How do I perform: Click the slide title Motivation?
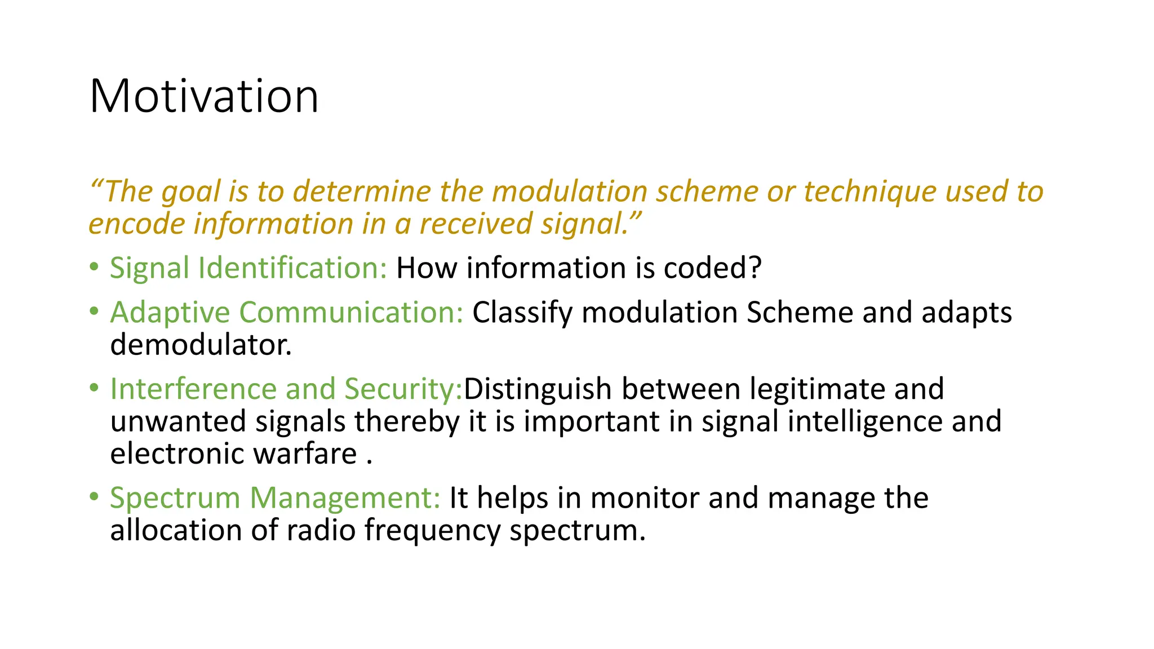204,96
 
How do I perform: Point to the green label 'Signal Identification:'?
248,268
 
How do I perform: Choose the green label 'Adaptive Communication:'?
286,313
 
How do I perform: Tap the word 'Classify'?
522,313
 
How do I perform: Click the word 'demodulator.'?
201,345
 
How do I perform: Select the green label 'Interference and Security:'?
286,389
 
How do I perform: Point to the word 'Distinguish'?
538,389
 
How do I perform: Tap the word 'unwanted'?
178,422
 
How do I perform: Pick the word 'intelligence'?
865,422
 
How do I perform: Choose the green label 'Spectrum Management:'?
275,498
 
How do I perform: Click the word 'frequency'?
432,531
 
